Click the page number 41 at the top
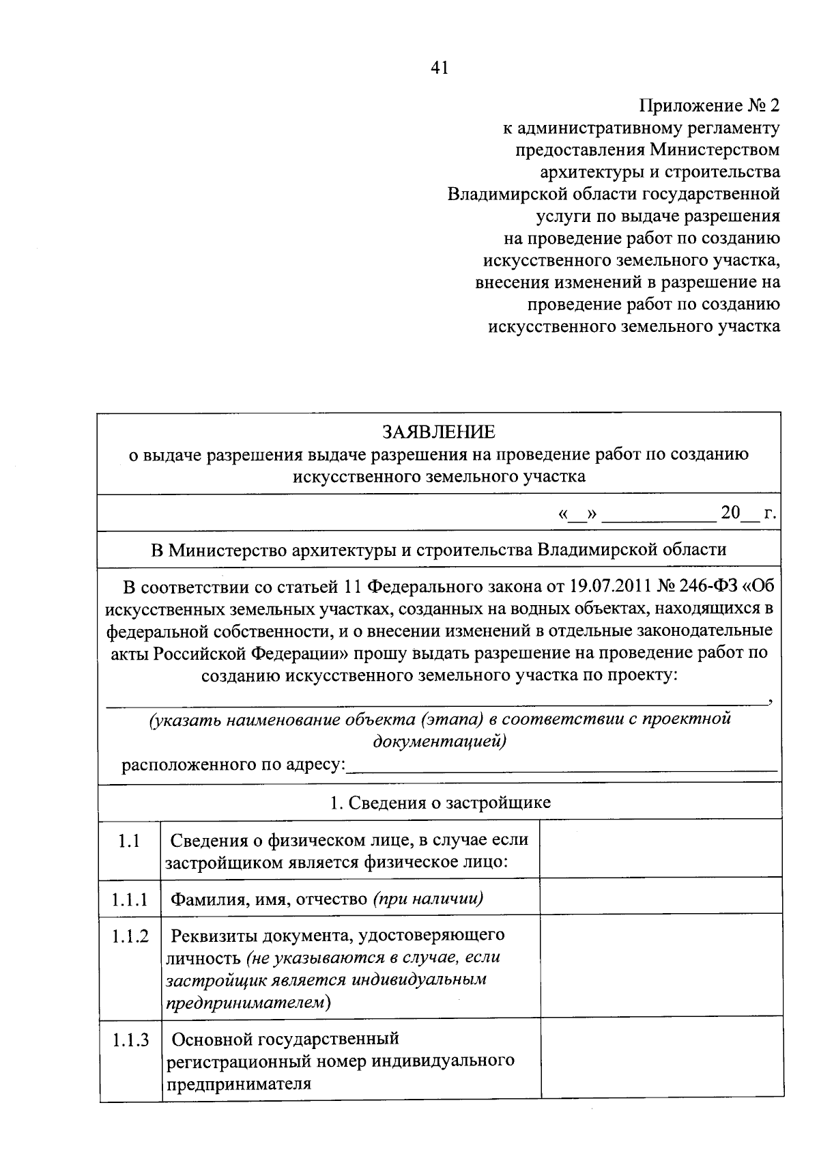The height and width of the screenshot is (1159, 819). click(439, 68)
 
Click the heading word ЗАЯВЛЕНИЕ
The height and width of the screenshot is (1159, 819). click(439, 432)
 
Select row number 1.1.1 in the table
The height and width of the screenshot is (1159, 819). click(130, 899)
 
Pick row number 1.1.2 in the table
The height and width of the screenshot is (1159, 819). click(130, 936)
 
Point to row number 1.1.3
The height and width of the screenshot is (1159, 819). click(130, 1041)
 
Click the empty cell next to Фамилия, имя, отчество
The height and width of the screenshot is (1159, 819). click(660, 896)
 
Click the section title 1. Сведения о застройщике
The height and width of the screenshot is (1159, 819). click(440, 803)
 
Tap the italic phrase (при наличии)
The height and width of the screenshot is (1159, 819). click(428, 899)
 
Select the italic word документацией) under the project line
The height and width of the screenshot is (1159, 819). click(440, 742)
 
